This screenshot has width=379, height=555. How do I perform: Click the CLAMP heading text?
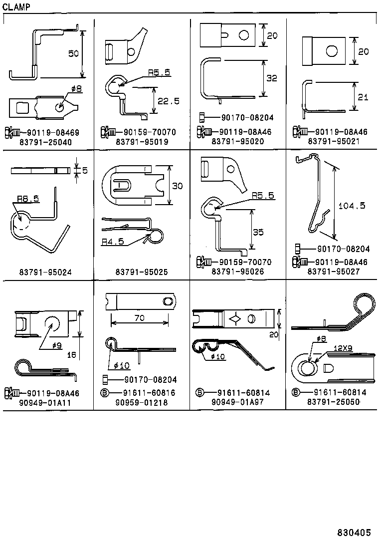pos(16,6)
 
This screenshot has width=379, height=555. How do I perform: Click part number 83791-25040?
pos(45,141)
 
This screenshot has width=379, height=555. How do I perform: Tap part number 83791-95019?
pos(142,141)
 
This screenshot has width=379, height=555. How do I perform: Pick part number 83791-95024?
pos(45,272)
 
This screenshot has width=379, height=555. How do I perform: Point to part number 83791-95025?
pos(142,272)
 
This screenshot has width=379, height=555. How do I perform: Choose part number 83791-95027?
pos(334,272)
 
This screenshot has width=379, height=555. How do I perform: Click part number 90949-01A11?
pos(45,402)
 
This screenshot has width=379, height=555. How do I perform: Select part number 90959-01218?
pos(142,402)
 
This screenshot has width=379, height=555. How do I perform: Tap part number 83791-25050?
pos(334,402)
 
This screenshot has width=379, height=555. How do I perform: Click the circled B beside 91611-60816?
pos(105,393)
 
